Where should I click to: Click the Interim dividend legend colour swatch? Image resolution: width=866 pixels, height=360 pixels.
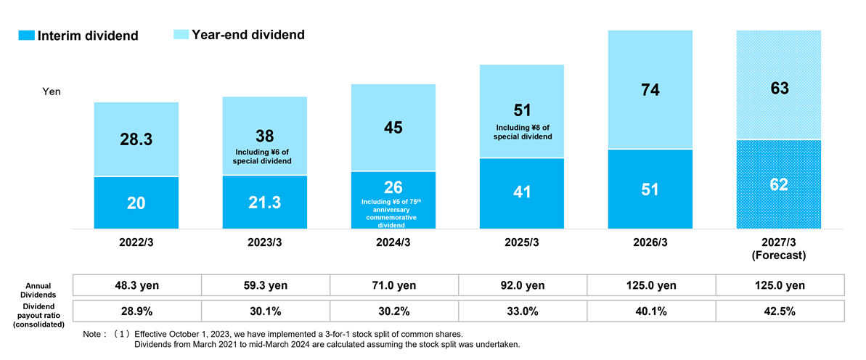[x=27, y=36]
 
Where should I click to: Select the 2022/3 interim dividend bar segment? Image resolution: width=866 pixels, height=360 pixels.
[x=136, y=202]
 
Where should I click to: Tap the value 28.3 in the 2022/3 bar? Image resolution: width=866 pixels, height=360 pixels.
[x=136, y=139]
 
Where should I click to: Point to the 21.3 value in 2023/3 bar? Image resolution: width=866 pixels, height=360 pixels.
[x=264, y=202]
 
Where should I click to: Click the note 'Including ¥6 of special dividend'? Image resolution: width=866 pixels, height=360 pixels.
[x=264, y=156]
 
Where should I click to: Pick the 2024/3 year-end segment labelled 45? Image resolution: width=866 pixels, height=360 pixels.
[x=393, y=128]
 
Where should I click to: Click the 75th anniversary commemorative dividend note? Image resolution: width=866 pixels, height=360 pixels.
[x=393, y=213]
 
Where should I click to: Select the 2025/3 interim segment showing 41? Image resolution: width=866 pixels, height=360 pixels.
[x=522, y=193]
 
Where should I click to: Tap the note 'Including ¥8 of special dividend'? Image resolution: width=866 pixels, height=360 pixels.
[x=521, y=133]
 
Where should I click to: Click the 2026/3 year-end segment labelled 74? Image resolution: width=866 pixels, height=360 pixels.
[x=650, y=89]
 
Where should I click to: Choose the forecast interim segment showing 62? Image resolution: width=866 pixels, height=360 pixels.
[x=779, y=184]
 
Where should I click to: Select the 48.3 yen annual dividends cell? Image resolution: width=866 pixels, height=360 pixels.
[x=137, y=285]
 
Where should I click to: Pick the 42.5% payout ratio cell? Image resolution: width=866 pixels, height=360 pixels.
[x=780, y=311]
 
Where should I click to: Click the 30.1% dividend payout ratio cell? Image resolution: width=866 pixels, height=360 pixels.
[x=266, y=311]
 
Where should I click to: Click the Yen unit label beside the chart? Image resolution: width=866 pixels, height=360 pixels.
[x=52, y=92]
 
